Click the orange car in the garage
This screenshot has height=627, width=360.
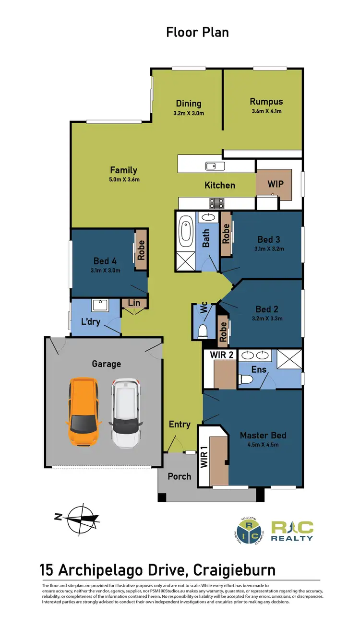[x=84, y=411]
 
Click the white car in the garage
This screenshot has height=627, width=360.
[x=127, y=411]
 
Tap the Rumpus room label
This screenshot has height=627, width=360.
[x=266, y=101]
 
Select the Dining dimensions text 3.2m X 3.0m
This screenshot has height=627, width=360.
[x=188, y=114]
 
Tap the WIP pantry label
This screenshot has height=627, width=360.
[x=276, y=183]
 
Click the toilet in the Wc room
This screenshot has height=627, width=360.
[x=203, y=331]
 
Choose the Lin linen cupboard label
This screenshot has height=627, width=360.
[x=134, y=303]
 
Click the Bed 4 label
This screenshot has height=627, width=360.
[x=106, y=261]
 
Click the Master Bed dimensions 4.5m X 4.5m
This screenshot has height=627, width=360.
[x=263, y=445]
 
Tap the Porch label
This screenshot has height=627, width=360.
[x=179, y=476]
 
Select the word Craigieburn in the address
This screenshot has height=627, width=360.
[x=234, y=570]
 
